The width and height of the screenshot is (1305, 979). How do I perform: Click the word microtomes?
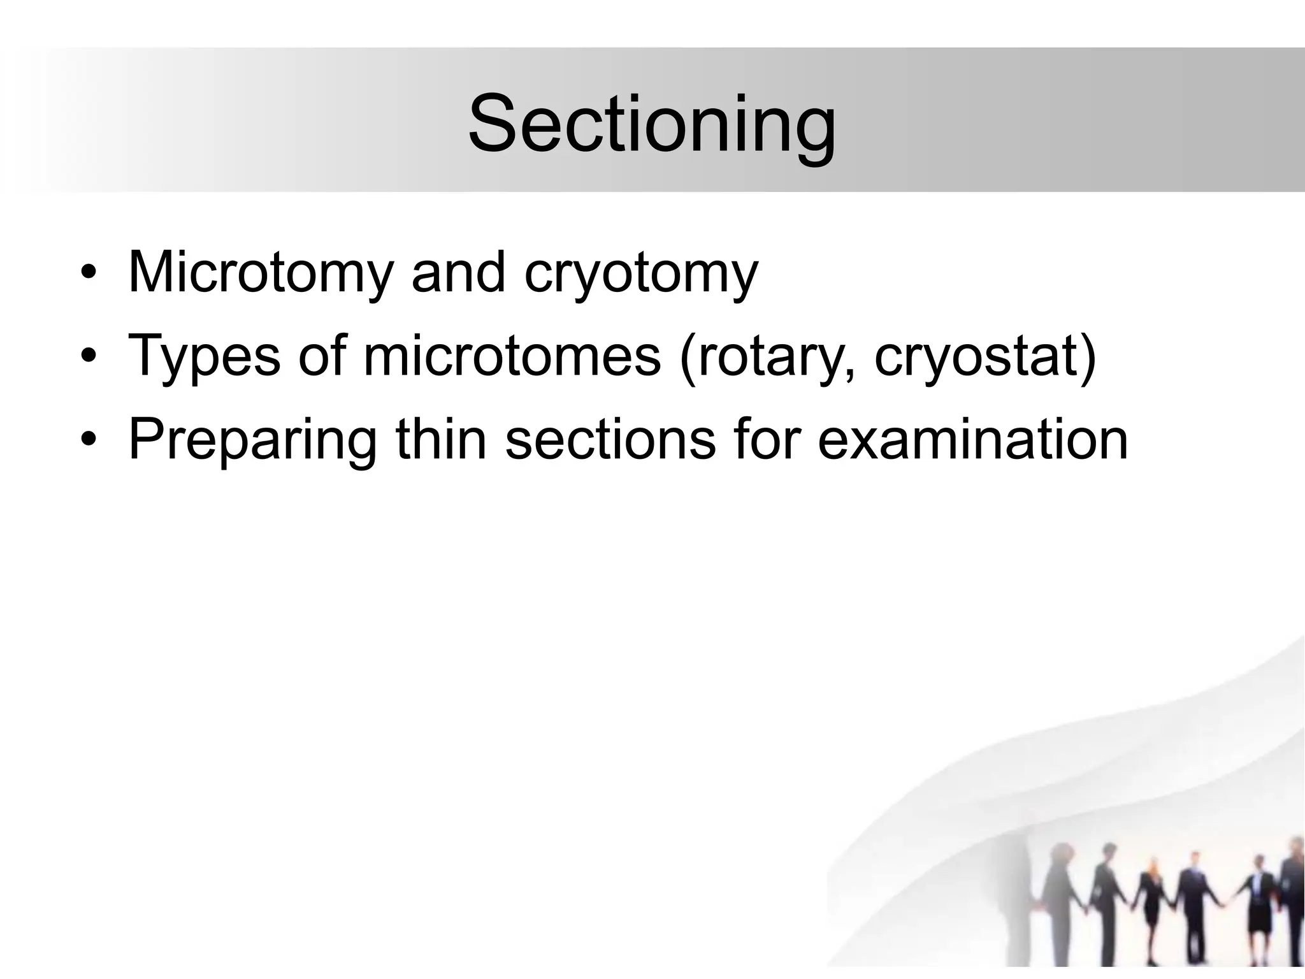(512, 356)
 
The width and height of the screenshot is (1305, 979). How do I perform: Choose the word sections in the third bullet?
(610, 439)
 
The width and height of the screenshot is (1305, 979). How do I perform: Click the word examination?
(972, 439)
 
